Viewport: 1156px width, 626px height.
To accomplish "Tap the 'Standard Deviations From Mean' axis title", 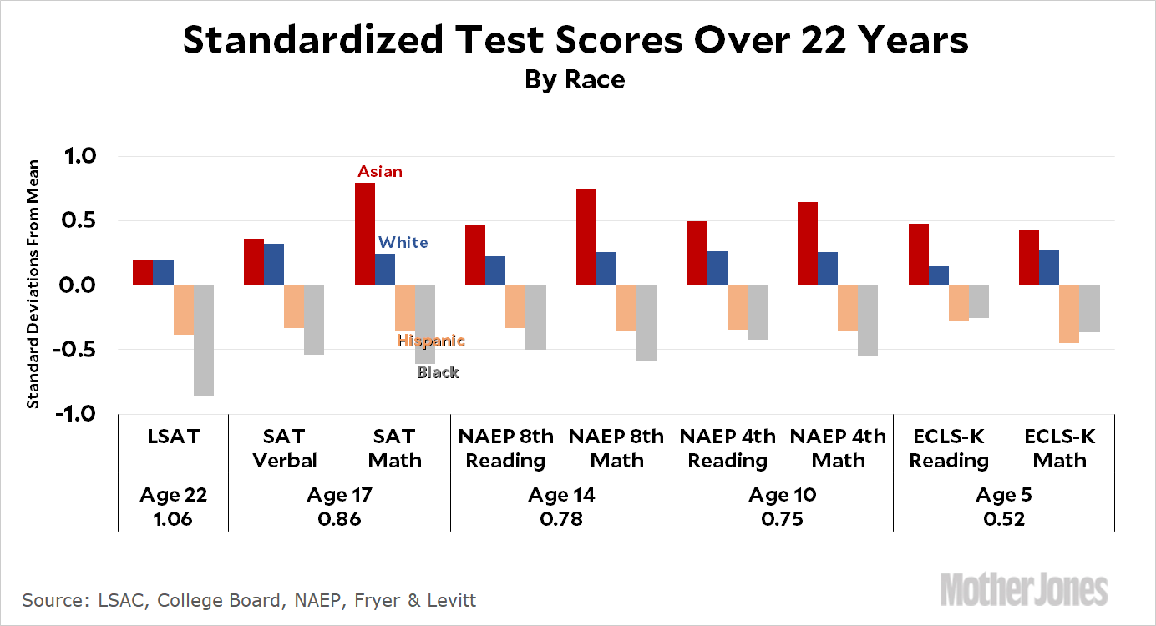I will pyautogui.click(x=34, y=284).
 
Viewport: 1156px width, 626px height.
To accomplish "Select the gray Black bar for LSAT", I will pyautogui.click(x=204, y=341).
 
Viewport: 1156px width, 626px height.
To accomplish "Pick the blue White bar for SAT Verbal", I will pyautogui.click(x=274, y=265).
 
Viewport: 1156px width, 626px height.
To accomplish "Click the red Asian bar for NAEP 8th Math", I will pyautogui.click(x=586, y=238).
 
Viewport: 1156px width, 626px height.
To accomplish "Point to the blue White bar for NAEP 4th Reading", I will pyautogui.click(x=717, y=268).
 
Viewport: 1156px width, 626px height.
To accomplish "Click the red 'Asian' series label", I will pyautogui.click(x=380, y=172).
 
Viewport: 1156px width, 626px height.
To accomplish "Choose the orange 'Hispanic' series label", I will pyautogui.click(x=431, y=341).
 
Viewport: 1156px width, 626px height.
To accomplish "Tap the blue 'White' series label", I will pyautogui.click(x=403, y=243).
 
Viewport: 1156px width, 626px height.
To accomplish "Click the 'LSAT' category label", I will pyautogui.click(x=173, y=437).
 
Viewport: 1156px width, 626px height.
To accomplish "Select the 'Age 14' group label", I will pyautogui.click(x=560, y=495).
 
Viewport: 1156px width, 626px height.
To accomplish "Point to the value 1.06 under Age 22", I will pyautogui.click(x=173, y=518).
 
